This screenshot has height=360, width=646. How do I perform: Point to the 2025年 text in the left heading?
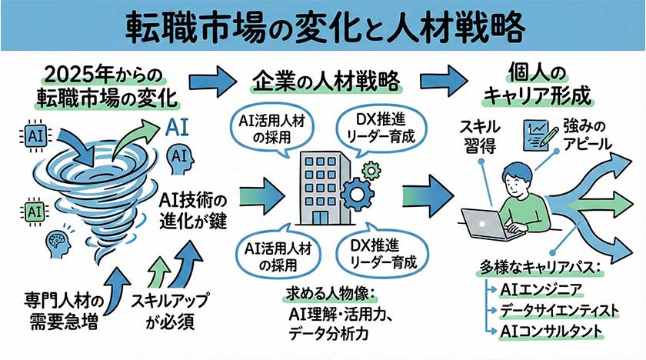click(x=74, y=76)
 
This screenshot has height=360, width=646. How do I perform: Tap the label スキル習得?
click(x=481, y=136)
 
